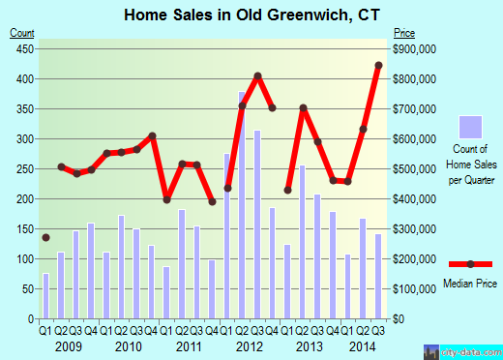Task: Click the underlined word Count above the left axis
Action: pos(22,33)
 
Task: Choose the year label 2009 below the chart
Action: pos(69,346)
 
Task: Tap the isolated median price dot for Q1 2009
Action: pos(45,237)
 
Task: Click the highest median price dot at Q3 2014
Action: pos(378,65)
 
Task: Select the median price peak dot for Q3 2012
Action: pos(258,76)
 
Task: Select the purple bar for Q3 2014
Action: pos(378,276)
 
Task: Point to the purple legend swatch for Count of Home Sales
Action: pos(468,126)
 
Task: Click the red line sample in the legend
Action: pos(468,263)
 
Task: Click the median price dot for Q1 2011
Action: pos(166,199)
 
